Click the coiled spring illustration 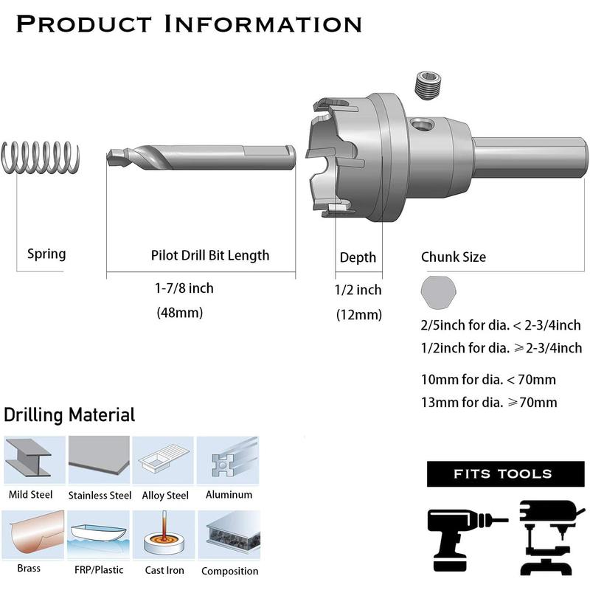click(41, 157)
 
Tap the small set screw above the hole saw click(430, 86)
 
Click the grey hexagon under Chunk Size click(438, 291)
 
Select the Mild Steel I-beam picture click(34, 459)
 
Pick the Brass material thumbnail click(33, 535)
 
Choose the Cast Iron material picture click(164, 535)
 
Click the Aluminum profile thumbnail click(228, 459)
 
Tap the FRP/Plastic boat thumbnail click(99, 535)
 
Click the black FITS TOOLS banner click(505, 473)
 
